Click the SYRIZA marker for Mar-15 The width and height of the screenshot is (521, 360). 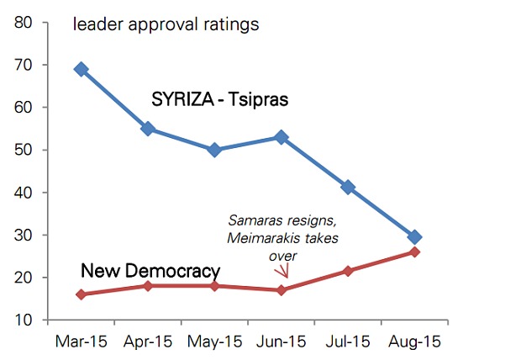tap(82, 69)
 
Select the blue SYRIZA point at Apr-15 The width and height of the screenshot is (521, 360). tap(148, 129)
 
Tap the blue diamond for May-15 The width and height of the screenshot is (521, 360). tap(214, 150)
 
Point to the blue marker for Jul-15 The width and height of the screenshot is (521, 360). tap(347, 187)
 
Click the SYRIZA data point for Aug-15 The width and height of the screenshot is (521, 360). tap(413, 237)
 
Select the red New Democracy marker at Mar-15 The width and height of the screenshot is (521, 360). tap(82, 294)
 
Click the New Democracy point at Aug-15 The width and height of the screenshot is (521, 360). tap(413, 252)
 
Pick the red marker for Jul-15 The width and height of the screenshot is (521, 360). tap(347, 271)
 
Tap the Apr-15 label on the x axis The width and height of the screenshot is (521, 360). tap(148, 342)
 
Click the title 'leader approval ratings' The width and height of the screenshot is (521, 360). tap(166, 24)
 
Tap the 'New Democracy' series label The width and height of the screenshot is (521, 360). tap(150, 271)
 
